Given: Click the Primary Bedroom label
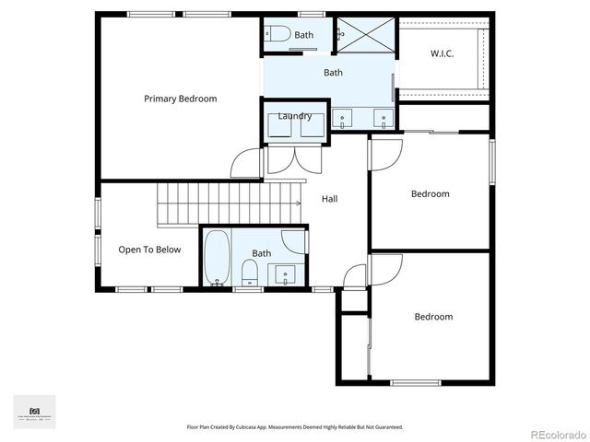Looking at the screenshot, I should point(181,99).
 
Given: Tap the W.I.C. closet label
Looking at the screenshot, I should point(442,53).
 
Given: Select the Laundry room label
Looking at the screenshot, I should point(295,116).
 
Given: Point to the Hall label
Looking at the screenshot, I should point(330,198).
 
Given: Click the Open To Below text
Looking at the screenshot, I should point(149,250).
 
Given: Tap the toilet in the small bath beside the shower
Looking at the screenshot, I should point(278,35).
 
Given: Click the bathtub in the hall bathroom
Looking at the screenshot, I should point(218,259).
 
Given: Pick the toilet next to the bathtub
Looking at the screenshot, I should point(249,272).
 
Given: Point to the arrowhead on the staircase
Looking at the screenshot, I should point(298,204).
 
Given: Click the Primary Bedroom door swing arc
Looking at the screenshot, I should point(246,164).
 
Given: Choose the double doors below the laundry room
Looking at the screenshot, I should point(294,160).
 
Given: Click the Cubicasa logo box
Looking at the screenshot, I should point(34,412).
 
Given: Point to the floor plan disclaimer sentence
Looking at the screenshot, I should point(295,427).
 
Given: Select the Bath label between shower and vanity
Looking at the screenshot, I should point(333,72).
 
